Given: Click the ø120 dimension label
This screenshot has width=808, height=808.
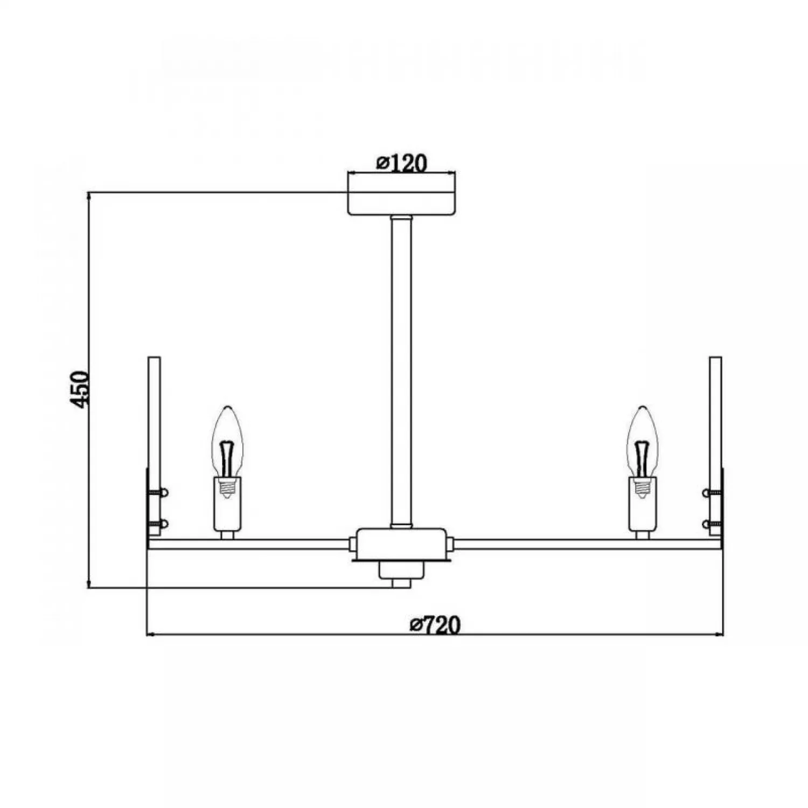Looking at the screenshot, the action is tap(402, 163).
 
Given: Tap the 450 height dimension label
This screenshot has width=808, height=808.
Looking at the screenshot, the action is tap(80, 389).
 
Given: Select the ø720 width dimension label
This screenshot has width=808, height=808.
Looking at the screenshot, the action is tap(435, 625).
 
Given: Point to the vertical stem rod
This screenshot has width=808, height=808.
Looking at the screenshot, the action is tap(401, 371).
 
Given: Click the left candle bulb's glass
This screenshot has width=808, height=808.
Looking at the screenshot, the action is tap(227, 442).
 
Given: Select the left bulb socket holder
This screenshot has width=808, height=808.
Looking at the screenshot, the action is tap(227, 504).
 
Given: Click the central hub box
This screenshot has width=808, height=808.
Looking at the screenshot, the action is tap(401, 544).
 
